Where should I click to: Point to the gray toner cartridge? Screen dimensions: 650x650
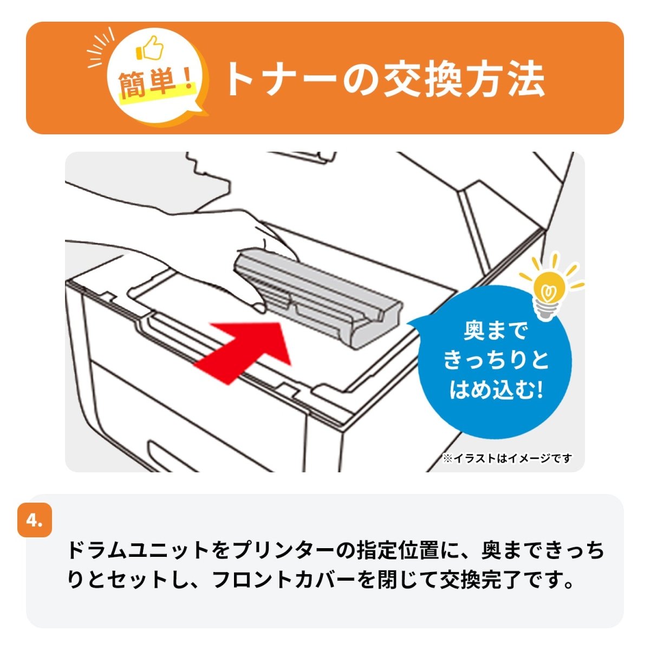pyautogui.click(x=320, y=298)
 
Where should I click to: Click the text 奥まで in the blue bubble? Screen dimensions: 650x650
pyautogui.click(x=496, y=331)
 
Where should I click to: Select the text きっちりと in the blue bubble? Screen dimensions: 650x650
pyautogui.click(x=496, y=360)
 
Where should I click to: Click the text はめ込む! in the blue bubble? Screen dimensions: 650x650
pyautogui.click(x=496, y=389)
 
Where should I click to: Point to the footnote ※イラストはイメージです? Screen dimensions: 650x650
pyautogui.click(x=507, y=459)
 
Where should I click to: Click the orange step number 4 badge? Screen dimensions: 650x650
pyautogui.click(x=35, y=521)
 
